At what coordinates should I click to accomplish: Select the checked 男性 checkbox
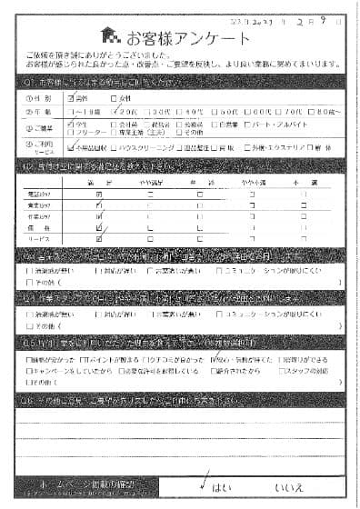[72, 98]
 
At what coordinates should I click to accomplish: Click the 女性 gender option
[115, 98]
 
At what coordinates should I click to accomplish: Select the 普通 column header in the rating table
[200, 183]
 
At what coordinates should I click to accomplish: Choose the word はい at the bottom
[221, 487]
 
